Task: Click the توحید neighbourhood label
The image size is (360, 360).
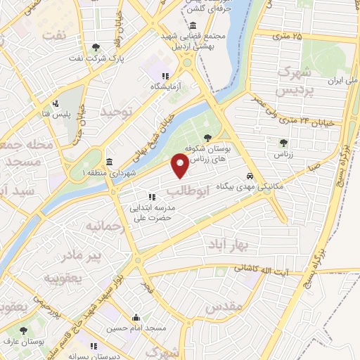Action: point(117,112)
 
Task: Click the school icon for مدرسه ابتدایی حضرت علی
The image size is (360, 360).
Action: point(150,198)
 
